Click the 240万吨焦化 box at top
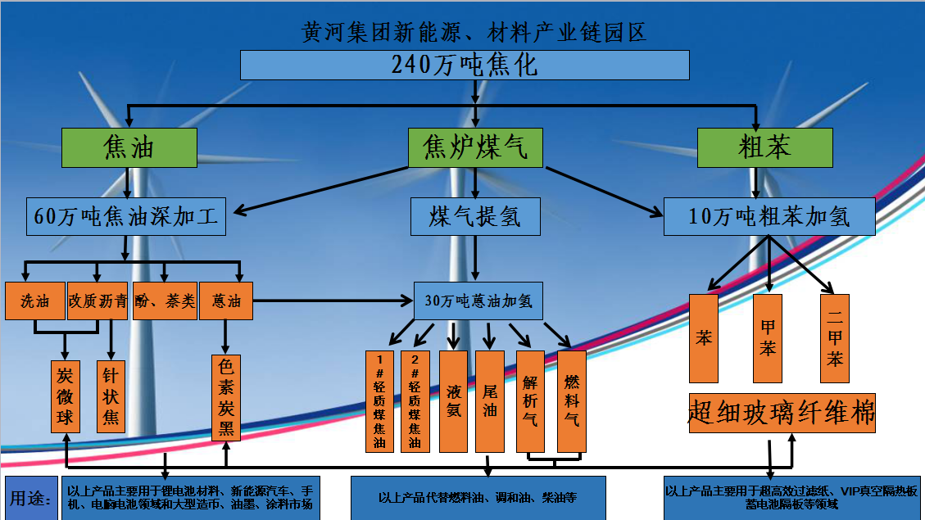(465, 65)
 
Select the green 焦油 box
(129, 147)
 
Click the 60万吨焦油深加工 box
(126, 217)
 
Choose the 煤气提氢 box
(475, 217)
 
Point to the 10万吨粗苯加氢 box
(769, 217)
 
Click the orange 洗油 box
(34, 301)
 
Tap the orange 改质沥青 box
(97, 301)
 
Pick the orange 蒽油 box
(226, 301)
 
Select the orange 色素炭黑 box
(225, 398)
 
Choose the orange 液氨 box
(453, 401)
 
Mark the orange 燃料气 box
(572, 401)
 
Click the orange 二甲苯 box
(835, 338)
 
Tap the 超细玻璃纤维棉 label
(782, 414)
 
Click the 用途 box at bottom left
(31, 498)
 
